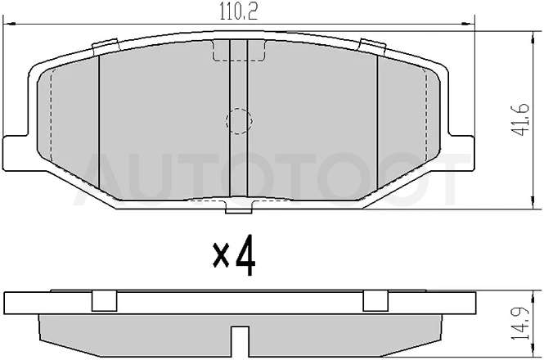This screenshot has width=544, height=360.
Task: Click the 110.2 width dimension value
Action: tap(239, 12)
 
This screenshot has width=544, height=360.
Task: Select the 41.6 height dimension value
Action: tap(520, 119)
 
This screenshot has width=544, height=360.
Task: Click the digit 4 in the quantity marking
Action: tap(245, 256)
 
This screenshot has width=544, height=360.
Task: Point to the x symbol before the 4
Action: tap(221, 255)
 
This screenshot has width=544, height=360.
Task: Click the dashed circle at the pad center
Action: tap(239, 121)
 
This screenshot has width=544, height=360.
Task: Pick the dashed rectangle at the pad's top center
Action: tap(239, 51)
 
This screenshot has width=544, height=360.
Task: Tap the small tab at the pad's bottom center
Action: tap(239, 208)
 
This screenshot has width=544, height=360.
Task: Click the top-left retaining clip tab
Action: tap(106, 47)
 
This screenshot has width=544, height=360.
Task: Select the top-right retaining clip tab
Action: tap(372, 47)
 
